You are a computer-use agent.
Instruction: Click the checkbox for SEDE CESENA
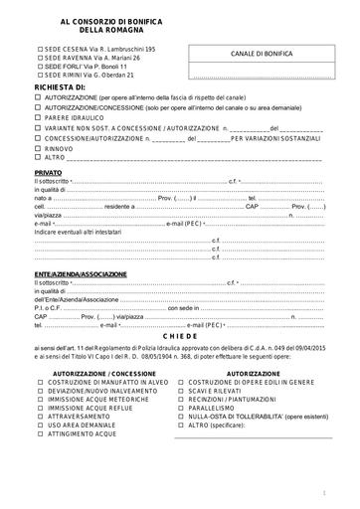[40, 49]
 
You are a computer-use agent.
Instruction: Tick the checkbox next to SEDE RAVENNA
[40, 58]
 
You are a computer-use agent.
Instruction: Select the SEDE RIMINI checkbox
[40, 75]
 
